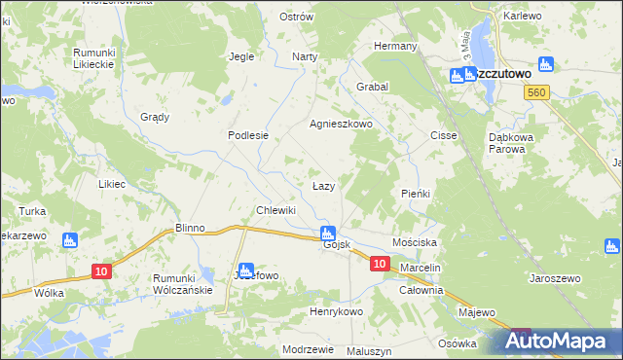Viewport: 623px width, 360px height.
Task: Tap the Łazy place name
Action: (324, 185)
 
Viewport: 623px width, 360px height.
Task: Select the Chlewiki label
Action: (275, 210)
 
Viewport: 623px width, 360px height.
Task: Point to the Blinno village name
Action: (190, 228)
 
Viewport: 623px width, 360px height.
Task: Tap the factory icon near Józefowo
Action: (246, 270)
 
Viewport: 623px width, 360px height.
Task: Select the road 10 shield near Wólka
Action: (100, 271)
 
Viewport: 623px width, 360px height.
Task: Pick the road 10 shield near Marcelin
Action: (381, 264)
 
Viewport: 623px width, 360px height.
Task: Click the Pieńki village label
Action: (416, 194)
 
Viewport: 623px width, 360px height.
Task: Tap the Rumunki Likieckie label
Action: (94, 57)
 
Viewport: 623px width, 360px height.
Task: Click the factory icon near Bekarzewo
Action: (68, 240)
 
